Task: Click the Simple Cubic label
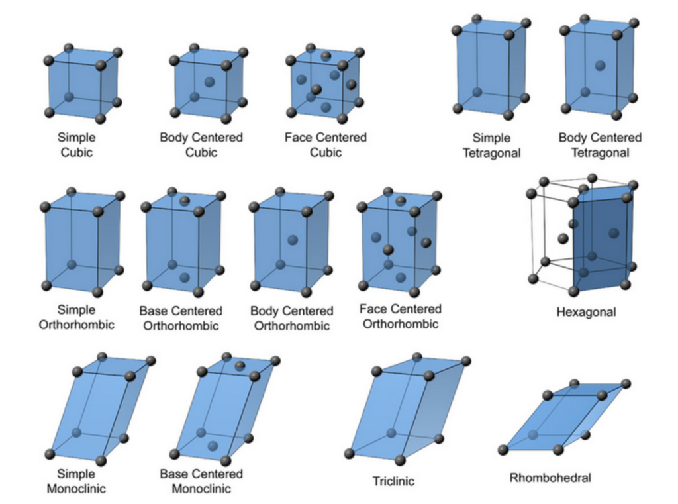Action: [x=76, y=145]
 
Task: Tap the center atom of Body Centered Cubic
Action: [x=210, y=82]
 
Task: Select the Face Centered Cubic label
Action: [x=325, y=145]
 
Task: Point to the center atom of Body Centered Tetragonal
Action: [x=600, y=66]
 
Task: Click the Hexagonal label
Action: [x=586, y=312]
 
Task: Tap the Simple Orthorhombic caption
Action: [x=76, y=317]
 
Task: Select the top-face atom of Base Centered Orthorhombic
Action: [x=185, y=200]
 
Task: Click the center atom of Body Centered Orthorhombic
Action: [x=293, y=239]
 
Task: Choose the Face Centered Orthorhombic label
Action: [x=400, y=317]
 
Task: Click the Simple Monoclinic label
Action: [x=76, y=481]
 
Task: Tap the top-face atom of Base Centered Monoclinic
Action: [x=240, y=366]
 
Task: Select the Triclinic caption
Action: [x=393, y=481]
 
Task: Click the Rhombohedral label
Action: [x=550, y=477]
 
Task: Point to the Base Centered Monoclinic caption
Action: [x=201, y=481]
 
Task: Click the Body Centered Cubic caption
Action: [x=201, y=145]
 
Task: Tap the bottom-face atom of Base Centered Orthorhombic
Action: [x=185, y=278]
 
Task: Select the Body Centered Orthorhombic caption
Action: [x=291, y=318]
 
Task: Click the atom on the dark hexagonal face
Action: [x=614, y=233]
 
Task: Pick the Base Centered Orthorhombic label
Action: [x=181, y=318]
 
